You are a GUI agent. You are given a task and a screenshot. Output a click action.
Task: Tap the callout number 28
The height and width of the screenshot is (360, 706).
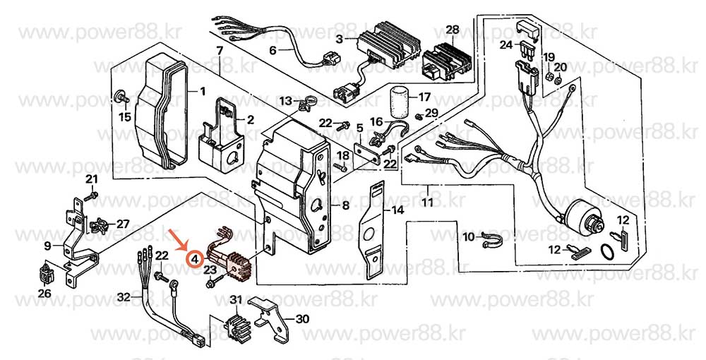(x=453, y=30)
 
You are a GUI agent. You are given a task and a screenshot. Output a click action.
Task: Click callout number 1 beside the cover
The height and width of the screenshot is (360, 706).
(x=203, y=91)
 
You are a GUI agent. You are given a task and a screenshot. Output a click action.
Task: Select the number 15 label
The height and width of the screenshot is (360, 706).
(x=124, y=117)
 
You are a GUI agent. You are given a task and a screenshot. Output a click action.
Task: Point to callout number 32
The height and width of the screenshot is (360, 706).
(x=124, y=297)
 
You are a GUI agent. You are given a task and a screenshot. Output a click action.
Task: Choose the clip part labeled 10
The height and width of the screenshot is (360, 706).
(x=489, y=240)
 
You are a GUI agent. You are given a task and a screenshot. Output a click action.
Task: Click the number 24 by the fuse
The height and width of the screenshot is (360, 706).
(x=505, y=44)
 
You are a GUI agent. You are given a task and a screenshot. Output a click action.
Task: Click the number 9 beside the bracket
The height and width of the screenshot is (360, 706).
(x=47, y=246)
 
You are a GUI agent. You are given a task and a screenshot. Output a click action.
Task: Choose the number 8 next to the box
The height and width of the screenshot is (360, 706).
(x=345, y=206)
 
